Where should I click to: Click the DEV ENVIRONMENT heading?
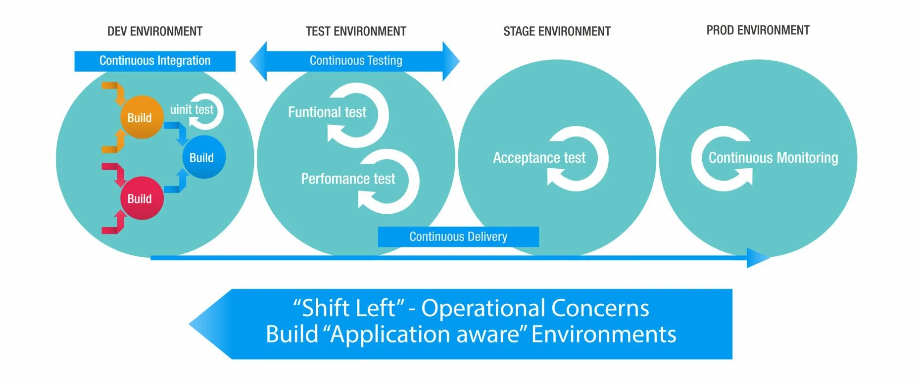coord(155,32)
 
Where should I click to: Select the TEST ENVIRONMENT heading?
coord(356,32)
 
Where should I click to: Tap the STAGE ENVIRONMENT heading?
coord(557,32)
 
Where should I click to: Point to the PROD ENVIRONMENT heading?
coord(758,31)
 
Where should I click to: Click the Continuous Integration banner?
coord(155,61)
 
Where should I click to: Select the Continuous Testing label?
coord(356,61)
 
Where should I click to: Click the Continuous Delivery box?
coord(458,237)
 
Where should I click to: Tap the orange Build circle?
coord(141,117)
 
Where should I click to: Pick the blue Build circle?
coord(203,157)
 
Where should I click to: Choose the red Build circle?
coord(141,198)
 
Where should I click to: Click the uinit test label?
coord(192,109)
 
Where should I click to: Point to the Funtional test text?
coord(327,112)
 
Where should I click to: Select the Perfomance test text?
coord(348,179)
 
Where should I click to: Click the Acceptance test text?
coord(539,158)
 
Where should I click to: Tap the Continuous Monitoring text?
coord(773,158)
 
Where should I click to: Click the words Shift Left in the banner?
coord(348,308)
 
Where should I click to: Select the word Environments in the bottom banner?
coord(604,334)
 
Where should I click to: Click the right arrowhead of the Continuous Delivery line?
coord(757,258)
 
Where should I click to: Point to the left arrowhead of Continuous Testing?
coord(258,61)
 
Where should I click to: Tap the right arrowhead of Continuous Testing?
coord(451,61)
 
